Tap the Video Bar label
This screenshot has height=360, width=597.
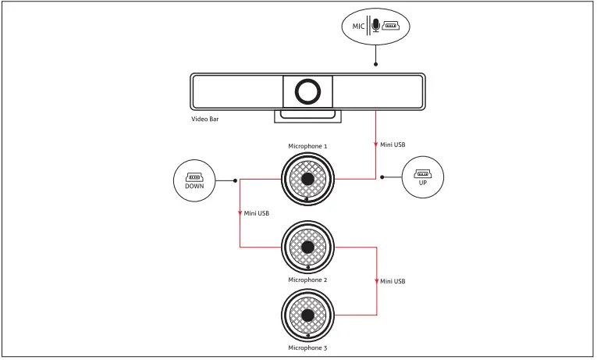click(205, 119)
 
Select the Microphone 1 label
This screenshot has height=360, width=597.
click(307, 146)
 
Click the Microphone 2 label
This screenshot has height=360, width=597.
click(307, 280)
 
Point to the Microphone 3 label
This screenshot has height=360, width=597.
click(307, 348)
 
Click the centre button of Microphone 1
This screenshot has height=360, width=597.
click(307, 179)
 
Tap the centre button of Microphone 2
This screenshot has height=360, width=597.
click(307, 247)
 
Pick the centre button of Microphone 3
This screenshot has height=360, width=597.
click(307, 315)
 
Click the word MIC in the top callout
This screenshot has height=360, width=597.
click(358, 27)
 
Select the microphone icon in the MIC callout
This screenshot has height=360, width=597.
click(376, 26)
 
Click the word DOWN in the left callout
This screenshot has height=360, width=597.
click(194, 187)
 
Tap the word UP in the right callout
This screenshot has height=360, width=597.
click(422, 182)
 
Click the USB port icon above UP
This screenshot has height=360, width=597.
click(422, 173)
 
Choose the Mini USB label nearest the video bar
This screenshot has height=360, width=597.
click(393, 144)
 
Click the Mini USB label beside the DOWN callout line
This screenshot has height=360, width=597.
click(257, 212)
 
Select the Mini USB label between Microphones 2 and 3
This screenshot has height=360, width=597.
click(393, 280)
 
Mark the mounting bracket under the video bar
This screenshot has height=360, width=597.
click(307, 116)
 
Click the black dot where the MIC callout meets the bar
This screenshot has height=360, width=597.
click(376, 65)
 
